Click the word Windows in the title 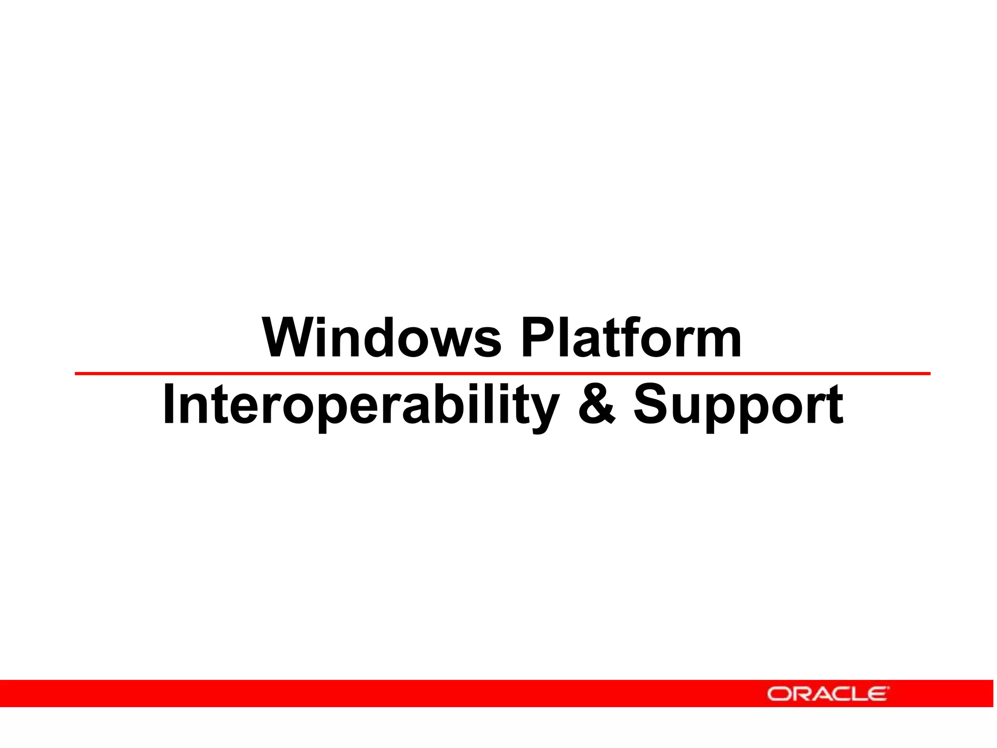coord(382,337)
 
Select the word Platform coord(631,337)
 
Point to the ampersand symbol coord(597,404)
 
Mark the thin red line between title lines coord(502,374)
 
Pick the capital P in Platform coord(536,337)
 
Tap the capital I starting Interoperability coord(168,404)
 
